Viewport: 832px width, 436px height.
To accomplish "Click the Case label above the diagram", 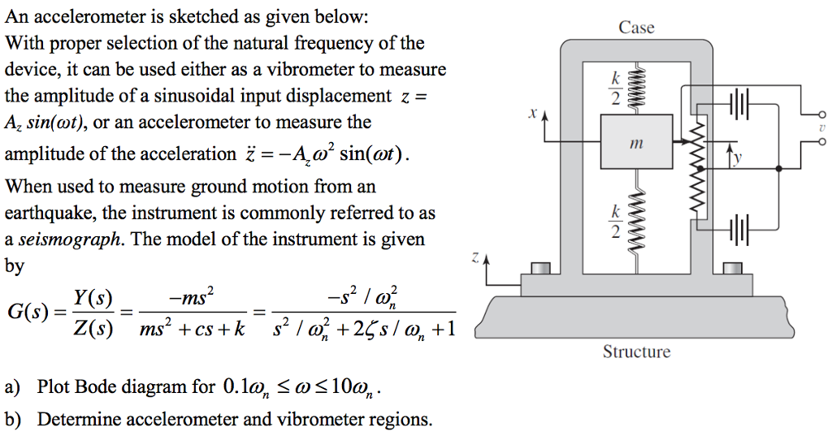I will click(636, 28).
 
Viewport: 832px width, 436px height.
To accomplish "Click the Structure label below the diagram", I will click(636, 352).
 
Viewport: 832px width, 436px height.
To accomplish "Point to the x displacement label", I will click(531, 114).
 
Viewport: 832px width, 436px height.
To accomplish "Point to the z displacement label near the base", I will click(474, 258).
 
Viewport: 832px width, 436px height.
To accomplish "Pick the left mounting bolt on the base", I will click(540, 267).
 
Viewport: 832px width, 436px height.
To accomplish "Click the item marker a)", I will click(13, 387).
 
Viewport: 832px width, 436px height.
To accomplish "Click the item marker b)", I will click(13, 420).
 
